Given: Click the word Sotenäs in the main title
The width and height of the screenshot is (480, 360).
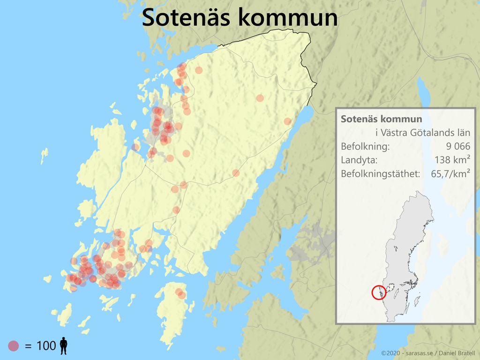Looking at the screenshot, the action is [187, 17].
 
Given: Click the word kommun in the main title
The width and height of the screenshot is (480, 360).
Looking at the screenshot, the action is [287, 17].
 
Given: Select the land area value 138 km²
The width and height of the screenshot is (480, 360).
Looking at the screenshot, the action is [452, 160].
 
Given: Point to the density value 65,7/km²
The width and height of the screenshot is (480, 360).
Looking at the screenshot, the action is [450, 174].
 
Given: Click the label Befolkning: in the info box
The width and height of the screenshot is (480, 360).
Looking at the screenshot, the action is [365, 146].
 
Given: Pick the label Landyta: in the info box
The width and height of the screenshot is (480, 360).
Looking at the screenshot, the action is [359, 160].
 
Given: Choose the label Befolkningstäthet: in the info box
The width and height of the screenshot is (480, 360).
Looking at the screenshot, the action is [380, 174].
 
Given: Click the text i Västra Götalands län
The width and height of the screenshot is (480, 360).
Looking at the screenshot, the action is [423, 133].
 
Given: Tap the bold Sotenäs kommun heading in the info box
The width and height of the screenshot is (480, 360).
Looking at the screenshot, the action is [381, 119].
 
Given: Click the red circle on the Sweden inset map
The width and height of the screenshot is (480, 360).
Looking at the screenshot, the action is [379, 292].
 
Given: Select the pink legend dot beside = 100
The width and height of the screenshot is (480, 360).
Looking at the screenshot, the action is [14, 346].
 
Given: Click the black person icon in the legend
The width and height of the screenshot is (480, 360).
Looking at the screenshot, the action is [63, 346].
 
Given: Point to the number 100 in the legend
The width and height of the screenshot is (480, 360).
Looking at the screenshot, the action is [46, 346].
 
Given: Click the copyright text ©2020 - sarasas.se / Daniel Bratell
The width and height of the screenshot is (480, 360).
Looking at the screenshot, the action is [428, 352].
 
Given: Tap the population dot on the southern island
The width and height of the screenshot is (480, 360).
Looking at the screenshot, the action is [180, 293].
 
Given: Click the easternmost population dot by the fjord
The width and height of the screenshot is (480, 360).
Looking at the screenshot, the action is [287, 121].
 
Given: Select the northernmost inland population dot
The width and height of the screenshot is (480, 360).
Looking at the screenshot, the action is [199, 70].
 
